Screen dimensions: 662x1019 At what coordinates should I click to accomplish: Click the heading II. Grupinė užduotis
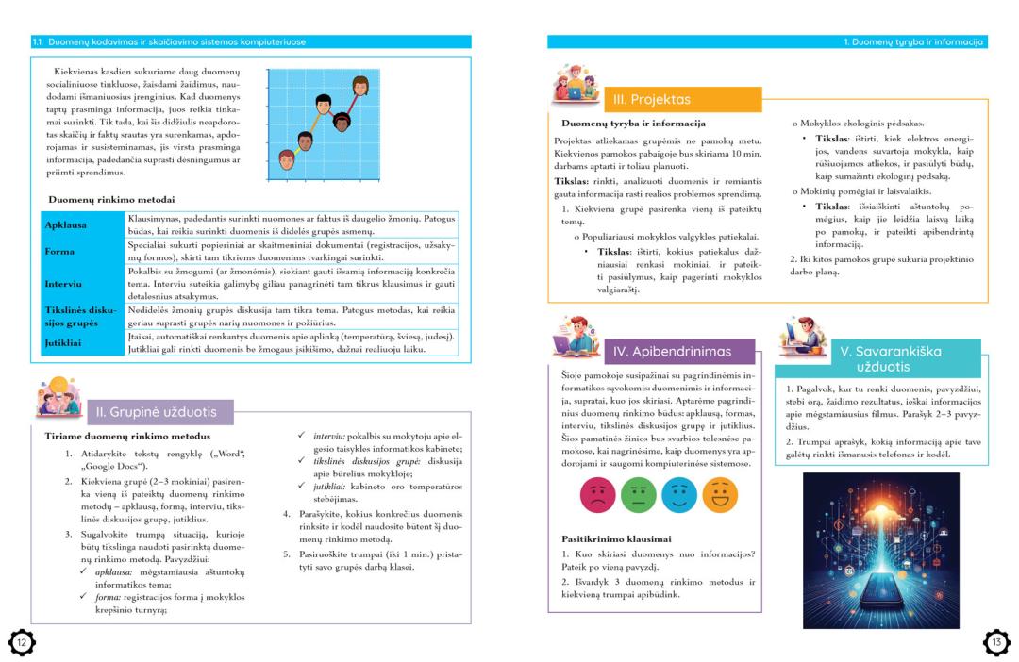(157, 412)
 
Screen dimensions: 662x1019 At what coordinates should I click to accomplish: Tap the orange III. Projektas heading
(652, 99)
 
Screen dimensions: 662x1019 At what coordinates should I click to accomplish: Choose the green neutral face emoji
(638, 495)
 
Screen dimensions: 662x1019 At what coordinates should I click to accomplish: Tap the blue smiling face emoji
(679, 495)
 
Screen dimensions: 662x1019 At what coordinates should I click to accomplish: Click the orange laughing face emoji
(720, 495)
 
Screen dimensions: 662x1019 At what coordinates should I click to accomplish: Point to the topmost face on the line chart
(359, 87)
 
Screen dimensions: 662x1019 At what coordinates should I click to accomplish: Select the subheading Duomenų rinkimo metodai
(111, 199)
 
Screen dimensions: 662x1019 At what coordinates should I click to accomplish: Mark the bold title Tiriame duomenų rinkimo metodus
(127, 437)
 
